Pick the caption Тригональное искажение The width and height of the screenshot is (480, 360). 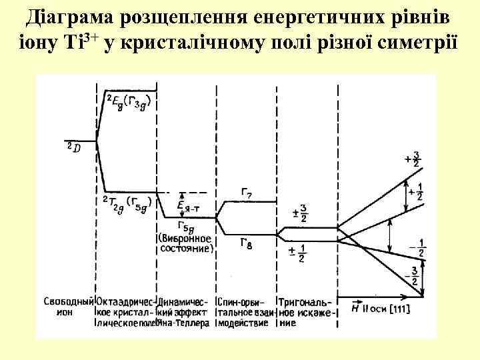pyautogui.click(x=305, y=311)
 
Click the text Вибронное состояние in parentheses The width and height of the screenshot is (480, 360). pyautogui.click(x=186, y=243)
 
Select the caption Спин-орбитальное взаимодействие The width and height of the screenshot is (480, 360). pyautogui.click(x=243, y=311)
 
